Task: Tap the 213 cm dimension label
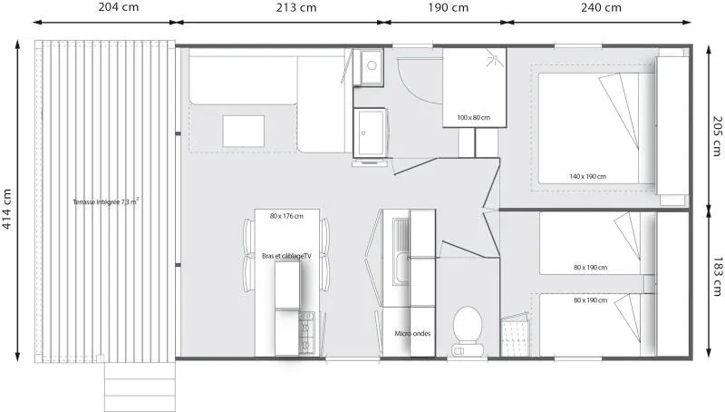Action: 296,7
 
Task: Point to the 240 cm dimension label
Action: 601,7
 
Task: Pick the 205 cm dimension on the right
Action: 716,138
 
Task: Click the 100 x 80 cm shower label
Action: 473,118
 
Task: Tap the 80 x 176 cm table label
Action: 286,216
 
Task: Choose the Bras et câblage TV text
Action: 286,257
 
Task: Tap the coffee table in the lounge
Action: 243,132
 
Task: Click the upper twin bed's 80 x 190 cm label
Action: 590,267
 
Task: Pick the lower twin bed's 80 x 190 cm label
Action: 590,300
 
